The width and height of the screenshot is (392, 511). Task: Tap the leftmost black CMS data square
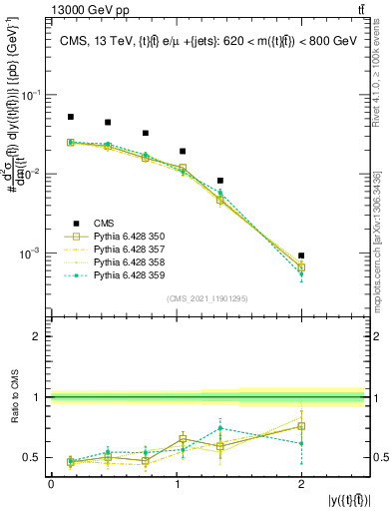(71, 117)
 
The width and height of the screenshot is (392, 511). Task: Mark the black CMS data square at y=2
(301, 255)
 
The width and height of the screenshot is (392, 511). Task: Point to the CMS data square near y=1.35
(219, 181)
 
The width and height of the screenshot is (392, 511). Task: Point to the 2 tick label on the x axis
(301, 484)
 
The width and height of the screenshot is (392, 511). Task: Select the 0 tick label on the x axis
(51, 484)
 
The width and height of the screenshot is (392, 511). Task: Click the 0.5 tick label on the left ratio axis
(35, 458)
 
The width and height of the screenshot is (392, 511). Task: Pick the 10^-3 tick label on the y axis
(31, 254)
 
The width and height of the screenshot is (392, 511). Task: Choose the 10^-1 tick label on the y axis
(31, 95)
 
